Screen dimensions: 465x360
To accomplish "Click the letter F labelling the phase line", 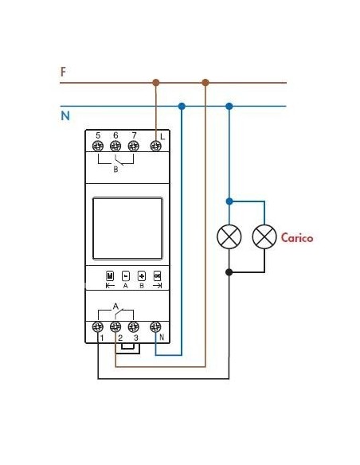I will [64, 72].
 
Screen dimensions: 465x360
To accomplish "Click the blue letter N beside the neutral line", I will [65, 116].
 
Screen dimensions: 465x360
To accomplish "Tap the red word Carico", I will [297, 237].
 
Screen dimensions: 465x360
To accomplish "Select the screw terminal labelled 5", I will [98, 147].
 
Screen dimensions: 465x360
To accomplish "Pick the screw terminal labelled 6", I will [115, 147].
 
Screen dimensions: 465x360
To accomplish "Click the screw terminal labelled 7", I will [133, 147].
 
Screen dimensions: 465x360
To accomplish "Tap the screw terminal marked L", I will [156, 147].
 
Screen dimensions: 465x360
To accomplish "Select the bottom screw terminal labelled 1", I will [98, 326].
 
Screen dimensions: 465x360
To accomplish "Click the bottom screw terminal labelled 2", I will [116, 326].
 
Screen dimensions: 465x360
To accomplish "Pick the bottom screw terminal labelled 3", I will [134, 326].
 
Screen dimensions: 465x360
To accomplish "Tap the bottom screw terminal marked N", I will [156, 326].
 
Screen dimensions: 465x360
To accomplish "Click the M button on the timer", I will [110, 275].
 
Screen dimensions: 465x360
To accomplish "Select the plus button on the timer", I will [141, 275].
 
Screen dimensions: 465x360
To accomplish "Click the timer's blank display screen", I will [127, 227].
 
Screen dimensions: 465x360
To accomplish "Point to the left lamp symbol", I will [229, 236].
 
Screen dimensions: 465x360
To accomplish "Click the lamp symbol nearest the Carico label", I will [264, 236].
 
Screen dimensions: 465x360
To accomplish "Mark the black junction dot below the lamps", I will [229, 272].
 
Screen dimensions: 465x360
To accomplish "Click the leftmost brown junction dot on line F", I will [156, 82].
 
